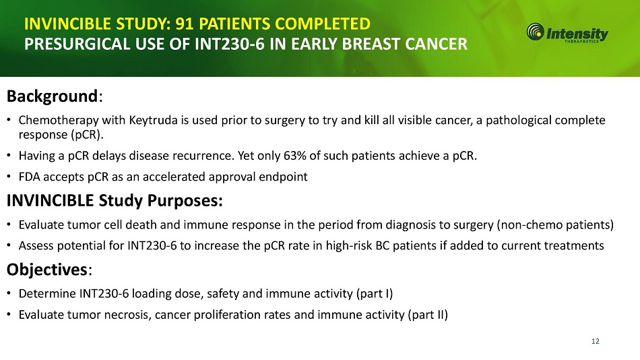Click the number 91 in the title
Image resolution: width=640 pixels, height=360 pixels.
184,24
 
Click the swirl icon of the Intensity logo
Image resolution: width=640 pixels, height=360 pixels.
535,32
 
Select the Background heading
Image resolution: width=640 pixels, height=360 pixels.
53,96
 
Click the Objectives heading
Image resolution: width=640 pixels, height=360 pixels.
47,270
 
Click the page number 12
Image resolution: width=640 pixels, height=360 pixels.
596,341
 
